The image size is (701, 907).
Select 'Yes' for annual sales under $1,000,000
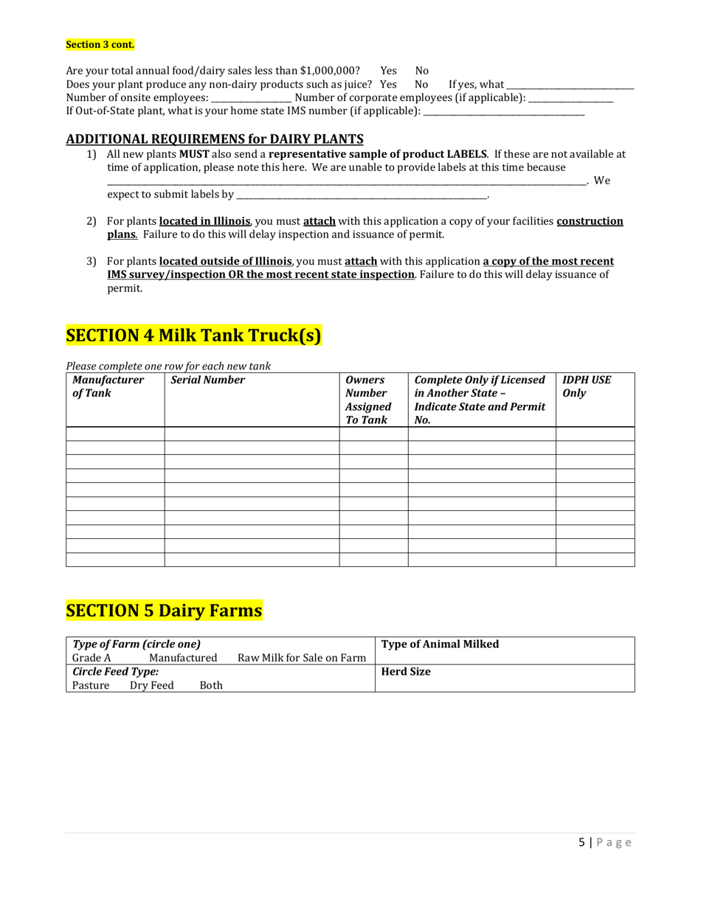point(388,71)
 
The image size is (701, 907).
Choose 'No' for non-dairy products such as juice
point(422,85)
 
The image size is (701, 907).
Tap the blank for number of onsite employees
point(251,98)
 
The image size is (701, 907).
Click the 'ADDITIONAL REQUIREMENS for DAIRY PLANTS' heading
point(215,139)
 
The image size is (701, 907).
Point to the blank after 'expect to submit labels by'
point(362,195)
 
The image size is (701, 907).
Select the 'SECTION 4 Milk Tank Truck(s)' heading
point(194,336)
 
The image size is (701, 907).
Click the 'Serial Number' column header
point(207,380)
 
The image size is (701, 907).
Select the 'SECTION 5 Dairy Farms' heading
point(164,611)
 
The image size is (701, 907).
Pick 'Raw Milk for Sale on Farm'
point(302,658)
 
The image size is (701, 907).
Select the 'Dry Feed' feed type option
point(152,685)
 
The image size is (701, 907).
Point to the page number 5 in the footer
point(581,843)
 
